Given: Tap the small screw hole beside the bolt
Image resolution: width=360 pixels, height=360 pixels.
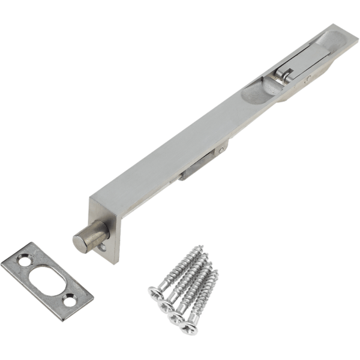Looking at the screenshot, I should pos(103,246).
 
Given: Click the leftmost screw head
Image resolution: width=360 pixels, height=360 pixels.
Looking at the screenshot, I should pos(155,292).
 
